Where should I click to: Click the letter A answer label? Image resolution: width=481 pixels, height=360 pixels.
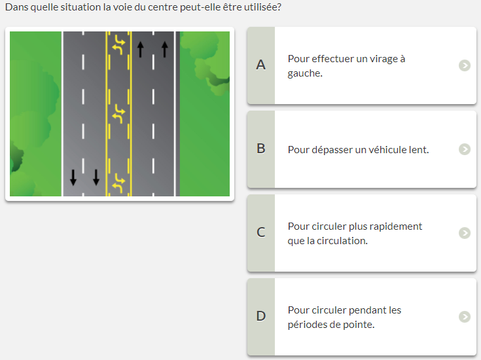click(x=260, y=65)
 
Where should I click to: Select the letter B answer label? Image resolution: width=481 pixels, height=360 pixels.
click(x=260, y=149)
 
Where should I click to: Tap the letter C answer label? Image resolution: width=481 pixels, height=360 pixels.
click(x=260, y=232)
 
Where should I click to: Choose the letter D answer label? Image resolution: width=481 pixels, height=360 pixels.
click(x=260, y=316)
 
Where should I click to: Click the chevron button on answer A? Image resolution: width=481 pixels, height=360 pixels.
click(x=465, y=65)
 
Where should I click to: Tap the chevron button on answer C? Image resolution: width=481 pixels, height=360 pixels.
click(x=465, y=233)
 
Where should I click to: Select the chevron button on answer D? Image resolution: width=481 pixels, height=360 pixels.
click(x=465, y=317)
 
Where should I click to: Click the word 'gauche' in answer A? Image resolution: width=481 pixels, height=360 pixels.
click(x=304, y=74)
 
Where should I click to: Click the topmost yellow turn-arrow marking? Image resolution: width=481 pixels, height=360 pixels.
click(x=118, y=45)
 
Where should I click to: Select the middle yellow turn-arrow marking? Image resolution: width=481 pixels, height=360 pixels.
click(x=118, y=114)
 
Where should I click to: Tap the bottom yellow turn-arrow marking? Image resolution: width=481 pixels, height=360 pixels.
click(x=118, y=183)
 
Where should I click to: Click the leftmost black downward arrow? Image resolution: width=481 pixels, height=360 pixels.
click(x=73, y=177)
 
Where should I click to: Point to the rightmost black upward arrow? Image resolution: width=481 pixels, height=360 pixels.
click(x=165, y=49)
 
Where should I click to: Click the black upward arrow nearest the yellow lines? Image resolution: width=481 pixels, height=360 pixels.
click(x=140, y=49)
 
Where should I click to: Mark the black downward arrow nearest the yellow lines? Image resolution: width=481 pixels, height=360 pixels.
click(x=96, y=177)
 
